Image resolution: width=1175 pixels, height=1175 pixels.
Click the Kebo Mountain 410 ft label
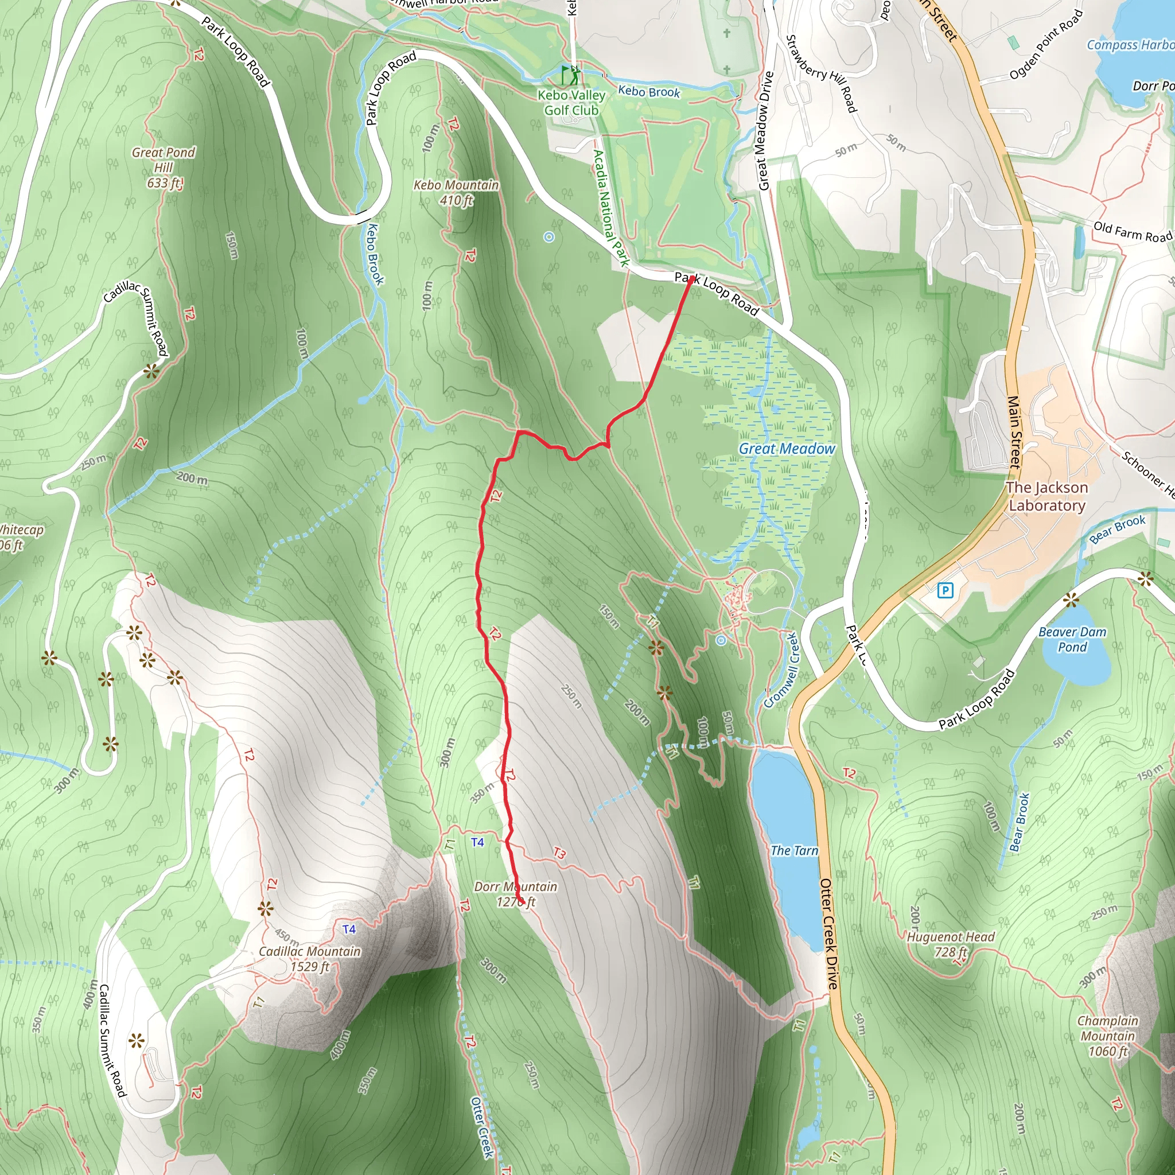(x=456, y=192)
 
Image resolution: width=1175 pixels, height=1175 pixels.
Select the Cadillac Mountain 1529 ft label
(x=310, y=959)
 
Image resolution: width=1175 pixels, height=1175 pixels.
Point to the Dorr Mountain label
(x=516, y=893)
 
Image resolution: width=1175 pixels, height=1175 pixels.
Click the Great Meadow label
(x=787, y=449)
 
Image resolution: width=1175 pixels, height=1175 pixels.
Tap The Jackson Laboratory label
(x=1046, y=496)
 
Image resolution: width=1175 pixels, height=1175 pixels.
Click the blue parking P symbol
(x=945, y=590)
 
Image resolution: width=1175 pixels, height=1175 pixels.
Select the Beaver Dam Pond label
(x=1072, y=639)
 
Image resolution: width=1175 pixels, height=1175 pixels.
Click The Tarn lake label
(x=794, y=850)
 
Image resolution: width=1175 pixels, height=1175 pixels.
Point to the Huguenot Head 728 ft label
(x=951, y=944)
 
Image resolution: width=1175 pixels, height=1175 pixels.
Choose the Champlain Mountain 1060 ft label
(x=1107, y=1036)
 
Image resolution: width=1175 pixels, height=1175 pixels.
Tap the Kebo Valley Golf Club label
(x=571, y=103)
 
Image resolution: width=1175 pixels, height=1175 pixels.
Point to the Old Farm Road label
(x=1133, y=232)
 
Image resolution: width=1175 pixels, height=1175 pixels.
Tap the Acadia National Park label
(x=610, y=209)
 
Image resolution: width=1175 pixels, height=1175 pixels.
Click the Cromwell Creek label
(x=781, y=670)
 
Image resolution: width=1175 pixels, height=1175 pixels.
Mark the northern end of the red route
(x=691, y=278)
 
